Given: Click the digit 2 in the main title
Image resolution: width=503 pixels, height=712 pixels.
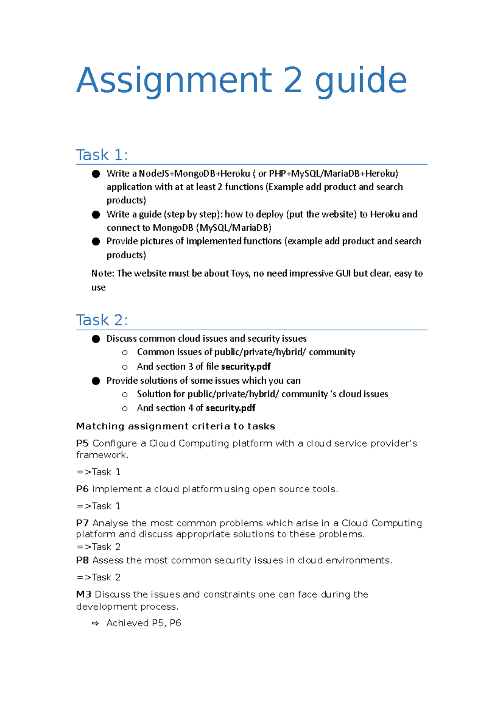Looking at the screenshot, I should click(293, 80).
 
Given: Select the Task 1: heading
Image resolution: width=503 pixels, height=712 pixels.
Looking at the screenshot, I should click(102, 155).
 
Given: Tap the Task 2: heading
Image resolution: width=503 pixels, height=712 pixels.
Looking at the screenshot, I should click(102, 320).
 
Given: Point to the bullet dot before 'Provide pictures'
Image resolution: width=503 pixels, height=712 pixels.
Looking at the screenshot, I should click(96, 242).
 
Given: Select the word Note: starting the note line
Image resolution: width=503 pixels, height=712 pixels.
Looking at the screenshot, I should click(103, 274).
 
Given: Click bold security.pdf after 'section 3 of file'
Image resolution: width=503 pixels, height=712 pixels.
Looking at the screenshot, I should click(246, 367).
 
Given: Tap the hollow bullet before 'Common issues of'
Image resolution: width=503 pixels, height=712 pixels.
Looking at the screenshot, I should click(124, 353).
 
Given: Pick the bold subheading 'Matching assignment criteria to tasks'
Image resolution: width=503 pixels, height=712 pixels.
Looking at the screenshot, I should click(175, 426).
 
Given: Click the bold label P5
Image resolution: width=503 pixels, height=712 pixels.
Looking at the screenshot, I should click(82, 444).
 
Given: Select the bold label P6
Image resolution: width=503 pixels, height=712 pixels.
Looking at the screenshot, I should click(82, 489).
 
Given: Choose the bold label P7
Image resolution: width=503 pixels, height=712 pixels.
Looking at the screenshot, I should click(82, 523).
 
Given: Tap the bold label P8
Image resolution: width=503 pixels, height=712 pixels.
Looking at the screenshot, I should click(82, 561).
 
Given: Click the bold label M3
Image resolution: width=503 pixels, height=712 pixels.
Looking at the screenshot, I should click(83, 595).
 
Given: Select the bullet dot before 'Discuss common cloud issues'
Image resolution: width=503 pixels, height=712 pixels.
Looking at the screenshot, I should click(96, 339).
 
